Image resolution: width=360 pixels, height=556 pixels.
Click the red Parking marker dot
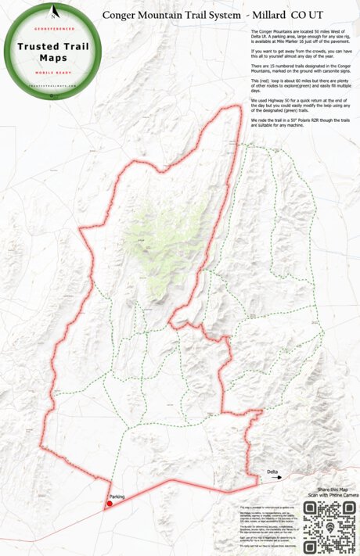tap(109, 503)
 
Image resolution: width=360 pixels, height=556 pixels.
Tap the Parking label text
tap(117, 496)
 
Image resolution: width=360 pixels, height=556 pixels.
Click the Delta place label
tap(272, 472)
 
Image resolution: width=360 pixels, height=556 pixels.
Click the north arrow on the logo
tap(53, 12)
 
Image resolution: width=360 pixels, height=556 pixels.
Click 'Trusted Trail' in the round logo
tap(53, 46)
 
